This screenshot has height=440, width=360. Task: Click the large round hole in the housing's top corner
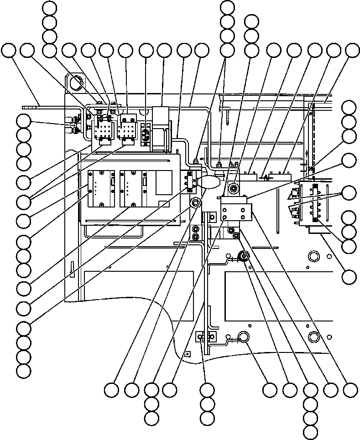(x=75, y=83)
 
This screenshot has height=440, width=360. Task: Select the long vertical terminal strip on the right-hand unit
(x=315, y=203)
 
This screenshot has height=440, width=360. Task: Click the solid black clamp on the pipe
(x=243, y=258)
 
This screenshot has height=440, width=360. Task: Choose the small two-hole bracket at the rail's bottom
(x=205, y=337)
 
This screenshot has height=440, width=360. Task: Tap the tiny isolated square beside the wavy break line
(x=187, y=353)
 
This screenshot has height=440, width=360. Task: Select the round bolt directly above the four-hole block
(x=234, y=187)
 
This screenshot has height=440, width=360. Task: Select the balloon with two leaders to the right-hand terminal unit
(x=350, y=192)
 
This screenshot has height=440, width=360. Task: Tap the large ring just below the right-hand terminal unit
(x=313, y=254)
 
